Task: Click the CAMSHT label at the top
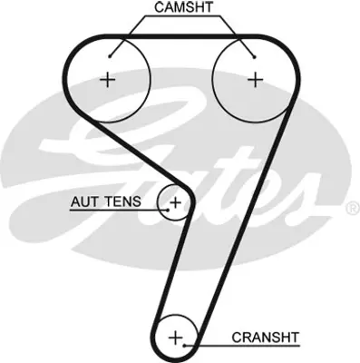[x=184, y=9]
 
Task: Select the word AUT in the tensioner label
[x=85, y=201]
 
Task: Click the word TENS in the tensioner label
[x=121, y=201]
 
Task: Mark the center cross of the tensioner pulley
[x=175, y=201]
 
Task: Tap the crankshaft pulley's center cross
[x=176, y=338]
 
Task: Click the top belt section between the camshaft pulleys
[x=181, y=37]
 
